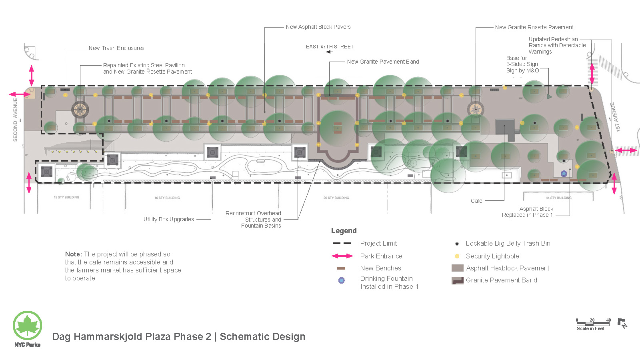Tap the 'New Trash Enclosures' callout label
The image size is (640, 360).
(116, 48)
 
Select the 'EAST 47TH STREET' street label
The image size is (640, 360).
(330, 47)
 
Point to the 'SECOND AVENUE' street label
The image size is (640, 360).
(16, 120)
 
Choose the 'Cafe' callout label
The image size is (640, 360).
(476, 201)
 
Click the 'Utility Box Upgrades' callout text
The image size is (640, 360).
(169, 219)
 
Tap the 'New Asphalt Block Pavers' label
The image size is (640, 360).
(318, 27)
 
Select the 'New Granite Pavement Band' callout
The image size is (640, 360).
(383, 62)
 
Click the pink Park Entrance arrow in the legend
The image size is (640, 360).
(342, 256)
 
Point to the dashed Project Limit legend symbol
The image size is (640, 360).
(342, 243)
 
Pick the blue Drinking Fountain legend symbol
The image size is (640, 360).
(341, 280)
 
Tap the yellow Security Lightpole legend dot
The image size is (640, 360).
(457, 256)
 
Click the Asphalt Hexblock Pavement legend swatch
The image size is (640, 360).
(457, 268)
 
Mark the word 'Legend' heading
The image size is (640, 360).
(344, 231)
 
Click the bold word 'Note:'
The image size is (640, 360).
(73, 254)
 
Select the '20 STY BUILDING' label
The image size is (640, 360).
(336, 198)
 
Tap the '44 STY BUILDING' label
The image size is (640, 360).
(558, 198)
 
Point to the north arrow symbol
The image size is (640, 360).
(622, 323)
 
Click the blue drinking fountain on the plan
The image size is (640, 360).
(564, 173)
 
